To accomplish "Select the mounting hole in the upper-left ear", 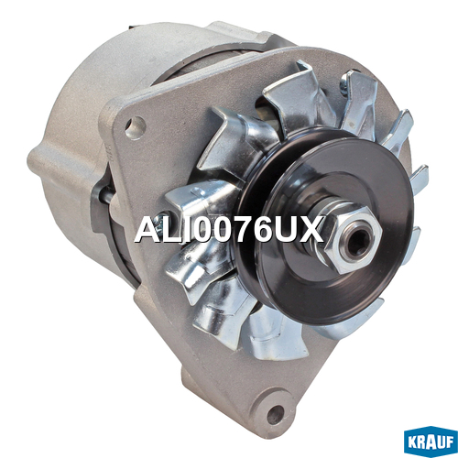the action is point(136,127).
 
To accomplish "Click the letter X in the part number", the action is point(311,230).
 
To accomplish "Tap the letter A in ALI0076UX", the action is point(148,230).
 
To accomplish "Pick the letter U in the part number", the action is point(285,230).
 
